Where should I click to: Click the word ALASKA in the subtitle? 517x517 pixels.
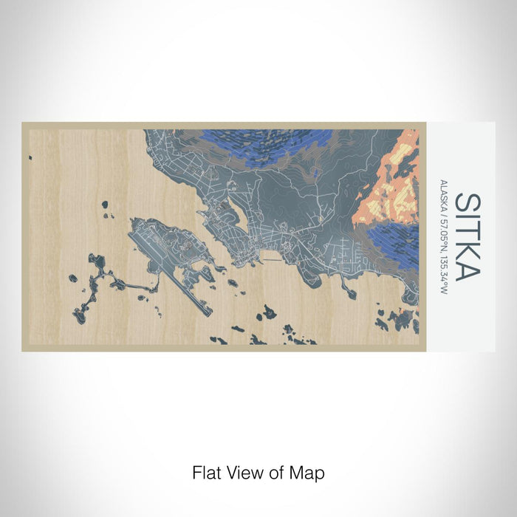(442, 195)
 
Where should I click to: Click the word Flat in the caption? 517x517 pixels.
(207, 472)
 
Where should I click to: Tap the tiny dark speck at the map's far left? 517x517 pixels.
(30, 157)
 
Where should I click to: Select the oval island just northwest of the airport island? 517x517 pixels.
(105, 204)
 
